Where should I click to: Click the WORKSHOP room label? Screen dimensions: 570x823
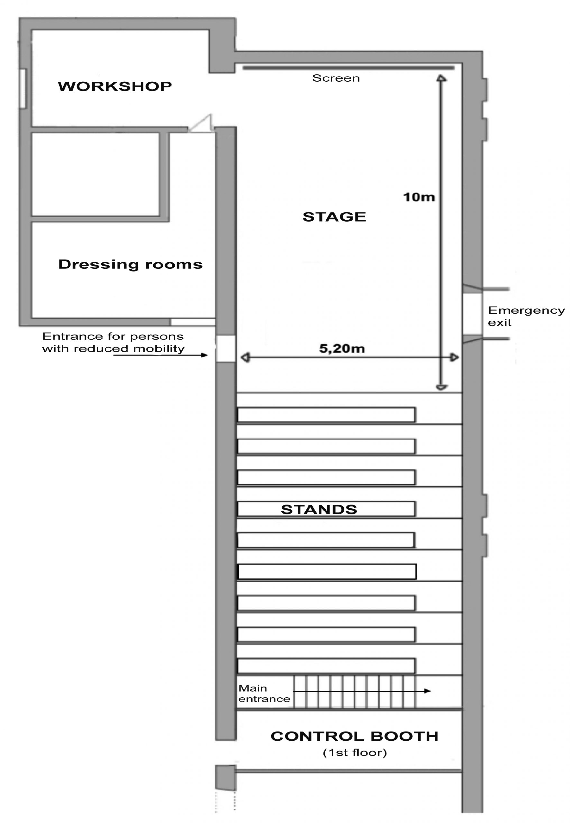point(115,86)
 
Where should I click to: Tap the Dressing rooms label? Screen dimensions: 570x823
point(130,265)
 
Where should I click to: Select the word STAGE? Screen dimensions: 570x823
point(334,217)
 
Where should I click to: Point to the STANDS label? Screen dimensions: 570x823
point(319,509)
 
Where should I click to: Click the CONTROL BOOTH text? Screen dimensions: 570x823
point(354,736)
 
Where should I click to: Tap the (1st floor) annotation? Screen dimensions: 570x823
point(355,753)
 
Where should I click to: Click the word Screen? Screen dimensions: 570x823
point(336,78)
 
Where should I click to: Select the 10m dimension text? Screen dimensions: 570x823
point(419,197)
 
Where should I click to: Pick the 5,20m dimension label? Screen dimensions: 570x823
point(342,348)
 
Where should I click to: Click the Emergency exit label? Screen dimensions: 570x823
point(526,316)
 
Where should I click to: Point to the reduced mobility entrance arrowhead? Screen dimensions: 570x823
point(204,355)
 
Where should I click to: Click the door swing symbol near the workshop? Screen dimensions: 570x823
point(201,124)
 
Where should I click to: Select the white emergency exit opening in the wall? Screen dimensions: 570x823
point(472,314)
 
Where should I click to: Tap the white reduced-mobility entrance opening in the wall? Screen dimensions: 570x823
point(225,349)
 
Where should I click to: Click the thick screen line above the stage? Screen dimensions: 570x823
point(349,68)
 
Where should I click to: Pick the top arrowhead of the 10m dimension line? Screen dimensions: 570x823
point(441,78)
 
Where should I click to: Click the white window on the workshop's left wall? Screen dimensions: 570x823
point(23,88)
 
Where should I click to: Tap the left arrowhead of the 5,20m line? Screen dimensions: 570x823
point(245,357)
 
